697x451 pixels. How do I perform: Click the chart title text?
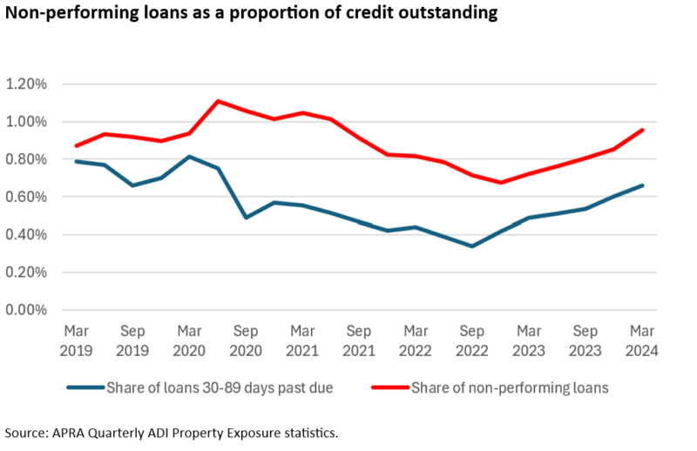tap(253, 14)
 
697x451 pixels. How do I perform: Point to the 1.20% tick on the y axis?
tap(29, 84)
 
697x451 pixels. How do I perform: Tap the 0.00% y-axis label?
tap(29, 310)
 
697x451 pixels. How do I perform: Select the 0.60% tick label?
tap(29, 197)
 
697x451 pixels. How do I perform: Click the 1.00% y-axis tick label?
tap(29, 122)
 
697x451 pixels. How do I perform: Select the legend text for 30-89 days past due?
tap(217, 387)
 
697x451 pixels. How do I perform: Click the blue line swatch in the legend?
tap(82, 387)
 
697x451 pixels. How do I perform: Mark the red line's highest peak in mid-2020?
tap(218, 101)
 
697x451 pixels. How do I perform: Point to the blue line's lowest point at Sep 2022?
tap(472, 246)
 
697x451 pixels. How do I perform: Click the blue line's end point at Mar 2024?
tap(643, 185)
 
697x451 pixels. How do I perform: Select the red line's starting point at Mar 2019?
tap(76, 145)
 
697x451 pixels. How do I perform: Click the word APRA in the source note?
tap(72, 433)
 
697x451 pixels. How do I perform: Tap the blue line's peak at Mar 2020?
tap(189, 157)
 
